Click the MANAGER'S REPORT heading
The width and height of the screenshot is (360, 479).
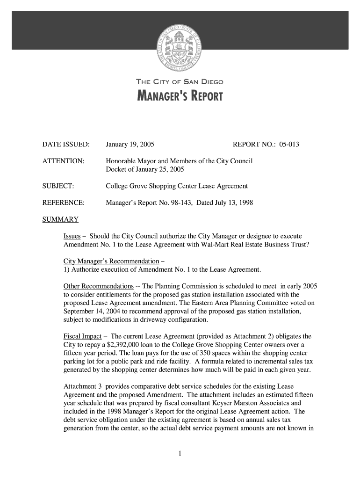(180, 97)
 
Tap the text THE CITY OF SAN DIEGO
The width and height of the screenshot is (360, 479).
(180, 82)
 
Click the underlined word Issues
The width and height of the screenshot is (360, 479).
(72, 236)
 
